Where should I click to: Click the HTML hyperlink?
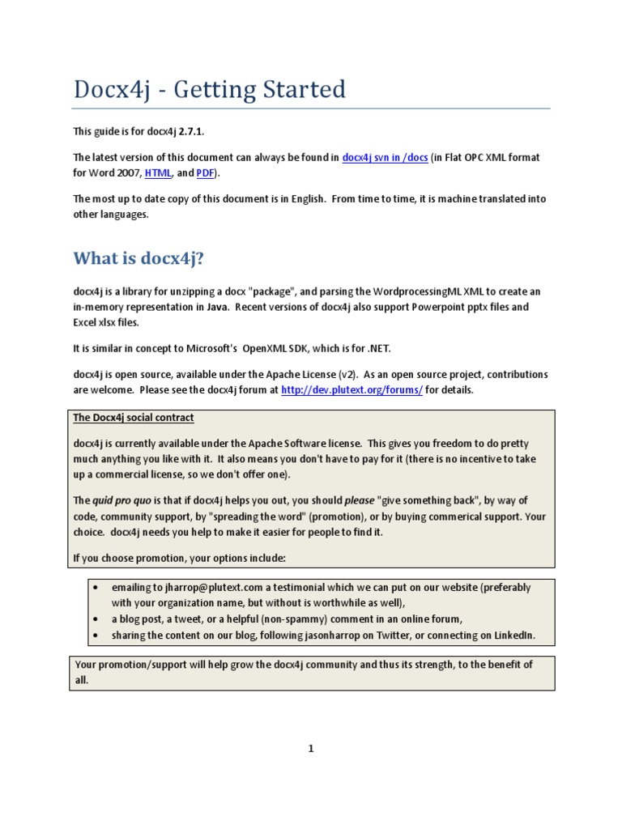tap(158, 173)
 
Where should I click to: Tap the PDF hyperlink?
tap(205, 173)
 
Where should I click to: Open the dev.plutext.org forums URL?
tap(351, 389)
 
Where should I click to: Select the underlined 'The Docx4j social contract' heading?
tap(134, 418)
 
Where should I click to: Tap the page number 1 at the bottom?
tap(310, 749)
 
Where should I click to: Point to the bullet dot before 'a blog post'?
tap(96, 619)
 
